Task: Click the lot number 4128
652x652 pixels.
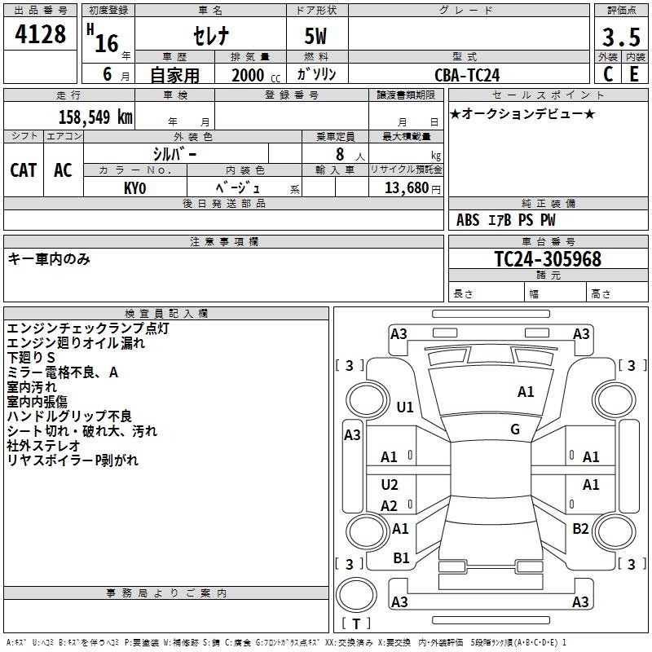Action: (x=40, y=36)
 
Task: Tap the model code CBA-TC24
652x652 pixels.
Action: (x=467, y=75)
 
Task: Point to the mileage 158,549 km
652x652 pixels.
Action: (x=95, y=117)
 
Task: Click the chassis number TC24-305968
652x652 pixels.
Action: (x=548, y=259)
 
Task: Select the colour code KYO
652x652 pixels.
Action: (x=134, y=187)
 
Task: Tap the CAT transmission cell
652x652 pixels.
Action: (x=23, y=170)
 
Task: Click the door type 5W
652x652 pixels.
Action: (x=316, y=37)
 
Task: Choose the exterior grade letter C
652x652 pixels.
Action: (x=608, y=74)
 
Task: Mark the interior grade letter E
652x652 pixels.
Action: (x=634, y=74)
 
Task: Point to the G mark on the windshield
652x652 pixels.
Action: (x=515, y=430)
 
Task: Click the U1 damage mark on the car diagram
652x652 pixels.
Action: (x=405, y=407)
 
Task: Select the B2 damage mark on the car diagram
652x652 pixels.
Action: (x=580, y=529)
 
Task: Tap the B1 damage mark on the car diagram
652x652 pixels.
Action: (x=402, y=558)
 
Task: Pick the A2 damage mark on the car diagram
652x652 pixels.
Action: (x=390, y=506)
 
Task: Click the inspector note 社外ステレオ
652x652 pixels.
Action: (x=44, y=446)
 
